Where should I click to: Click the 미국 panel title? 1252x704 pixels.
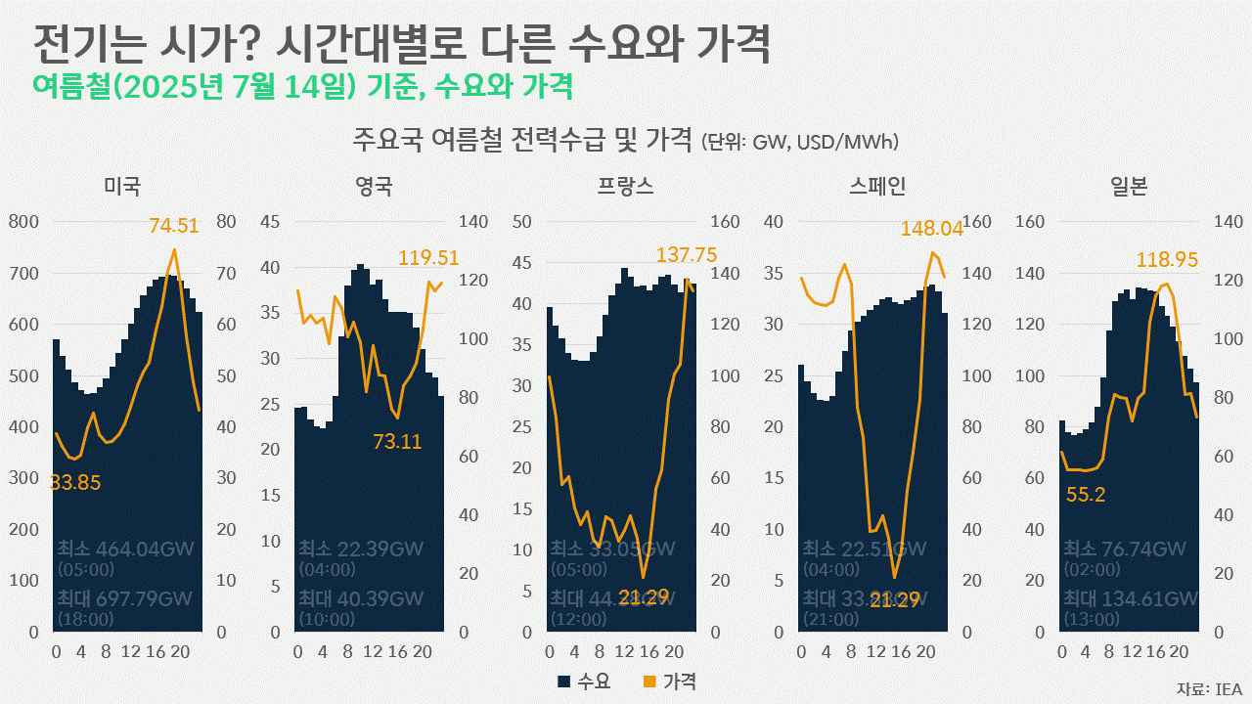[122, 186]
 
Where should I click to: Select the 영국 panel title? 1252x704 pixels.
[375, 186]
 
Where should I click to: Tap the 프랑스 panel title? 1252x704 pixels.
[626, 186]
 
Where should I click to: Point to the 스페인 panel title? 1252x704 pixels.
[877, 186]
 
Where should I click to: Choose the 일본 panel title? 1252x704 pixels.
[1129, 186]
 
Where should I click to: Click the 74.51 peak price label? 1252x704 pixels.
[174, 226]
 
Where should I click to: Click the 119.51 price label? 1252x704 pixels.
[428, 258]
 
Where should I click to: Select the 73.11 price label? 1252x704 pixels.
[397, 442]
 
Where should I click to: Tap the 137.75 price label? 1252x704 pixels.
[687, 255]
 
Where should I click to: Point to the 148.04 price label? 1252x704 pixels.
[932, 229]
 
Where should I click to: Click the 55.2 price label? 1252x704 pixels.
[1086, 495]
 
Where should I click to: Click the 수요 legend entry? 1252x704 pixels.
[584, 682]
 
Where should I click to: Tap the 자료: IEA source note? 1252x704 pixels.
[1209, 688]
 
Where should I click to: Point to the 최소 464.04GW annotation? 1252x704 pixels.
[125, 549]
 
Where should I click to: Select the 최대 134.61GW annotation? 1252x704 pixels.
[1131, 598]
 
